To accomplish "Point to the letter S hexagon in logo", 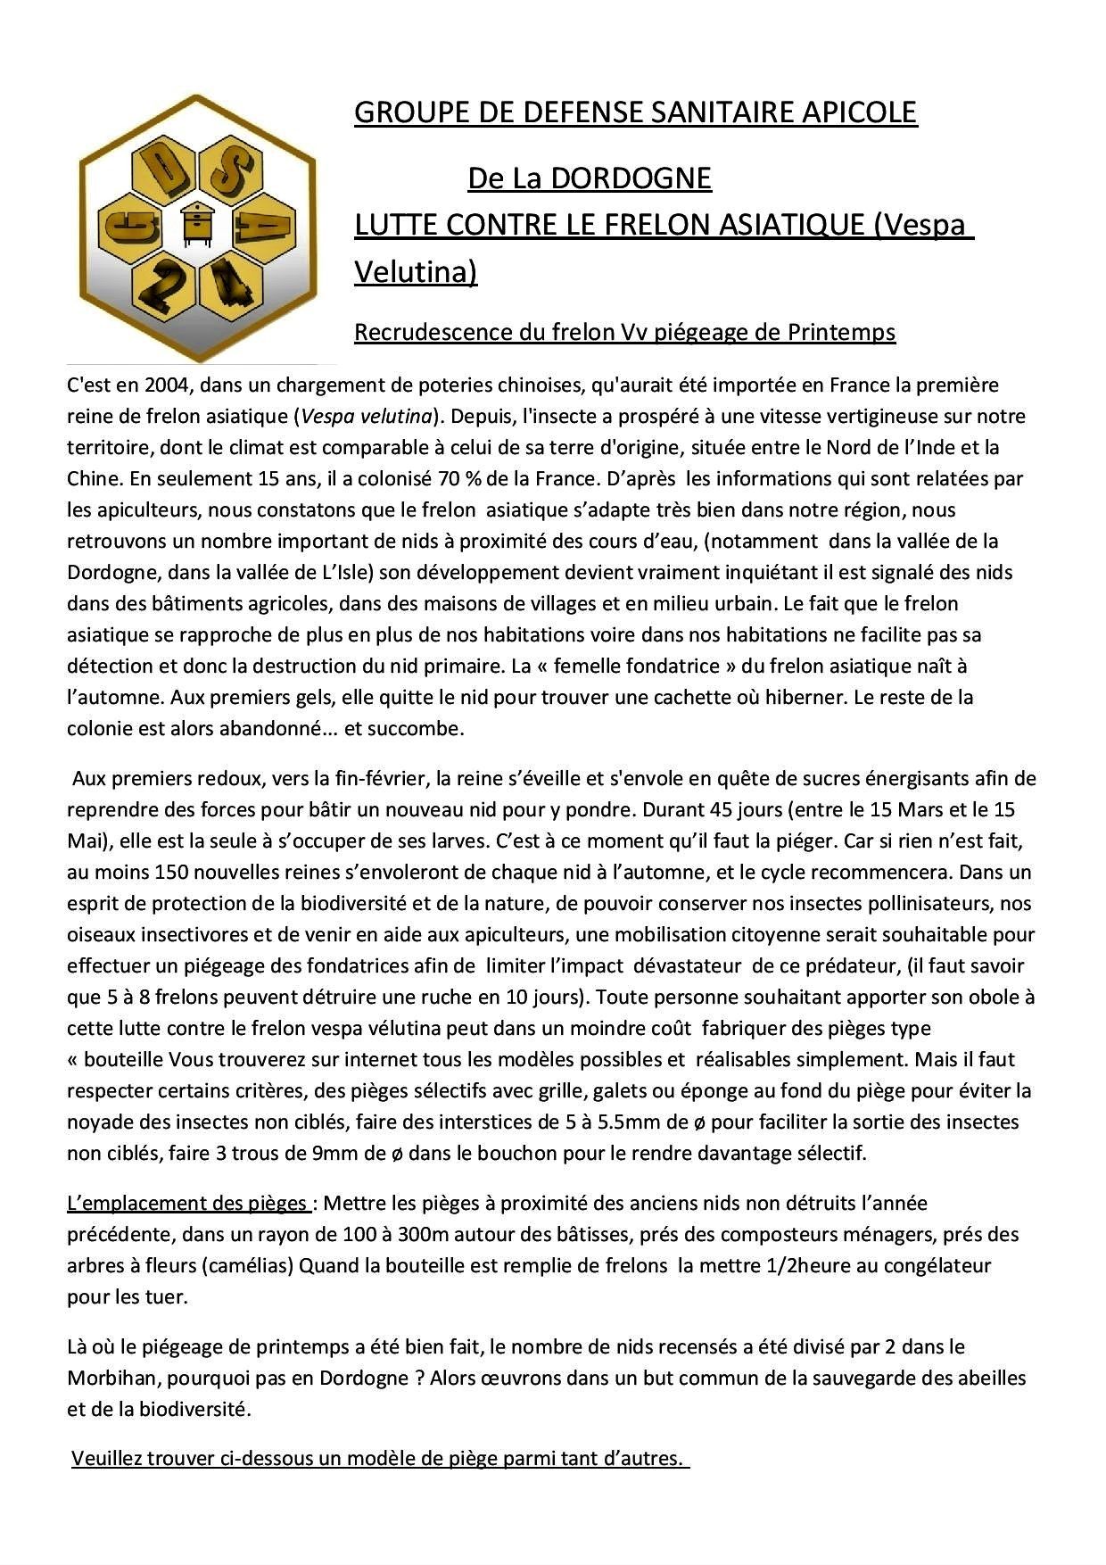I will pos(231,168).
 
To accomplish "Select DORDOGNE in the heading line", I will pos(631,178).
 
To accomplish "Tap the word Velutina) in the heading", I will pos(416,271).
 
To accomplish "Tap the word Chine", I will pos(93,478).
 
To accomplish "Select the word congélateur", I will pos(938,1265).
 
